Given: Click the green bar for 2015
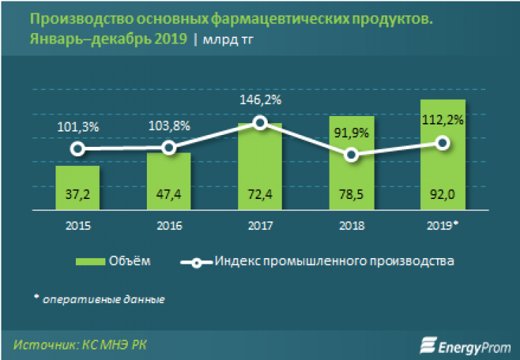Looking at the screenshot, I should pos(77,186).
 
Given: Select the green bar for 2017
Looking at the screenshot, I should pos(260,165).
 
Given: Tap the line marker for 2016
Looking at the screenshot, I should pos(169,147).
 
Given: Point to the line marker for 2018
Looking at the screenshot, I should pos(351,155).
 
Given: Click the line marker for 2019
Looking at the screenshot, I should pos(442,143).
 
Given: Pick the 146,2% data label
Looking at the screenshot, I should pos(260,101).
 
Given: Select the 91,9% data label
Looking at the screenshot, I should pos(351,134).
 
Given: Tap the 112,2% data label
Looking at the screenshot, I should pos(442,120).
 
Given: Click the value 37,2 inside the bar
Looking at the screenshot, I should pos(77,195).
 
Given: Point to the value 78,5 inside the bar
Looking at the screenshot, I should pos(351,195).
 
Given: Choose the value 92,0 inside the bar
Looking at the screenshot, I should pos(442,195).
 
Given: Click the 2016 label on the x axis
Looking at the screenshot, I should pos(169,226).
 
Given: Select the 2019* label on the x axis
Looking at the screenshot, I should pos(443,226).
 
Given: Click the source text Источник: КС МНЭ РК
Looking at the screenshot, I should pos(81,345).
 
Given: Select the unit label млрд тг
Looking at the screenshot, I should pos(228,40).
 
